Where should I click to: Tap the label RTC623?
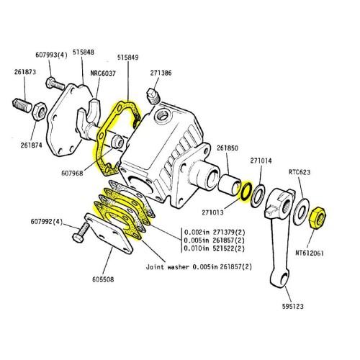[299, 172]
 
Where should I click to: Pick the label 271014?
[261, 162]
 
